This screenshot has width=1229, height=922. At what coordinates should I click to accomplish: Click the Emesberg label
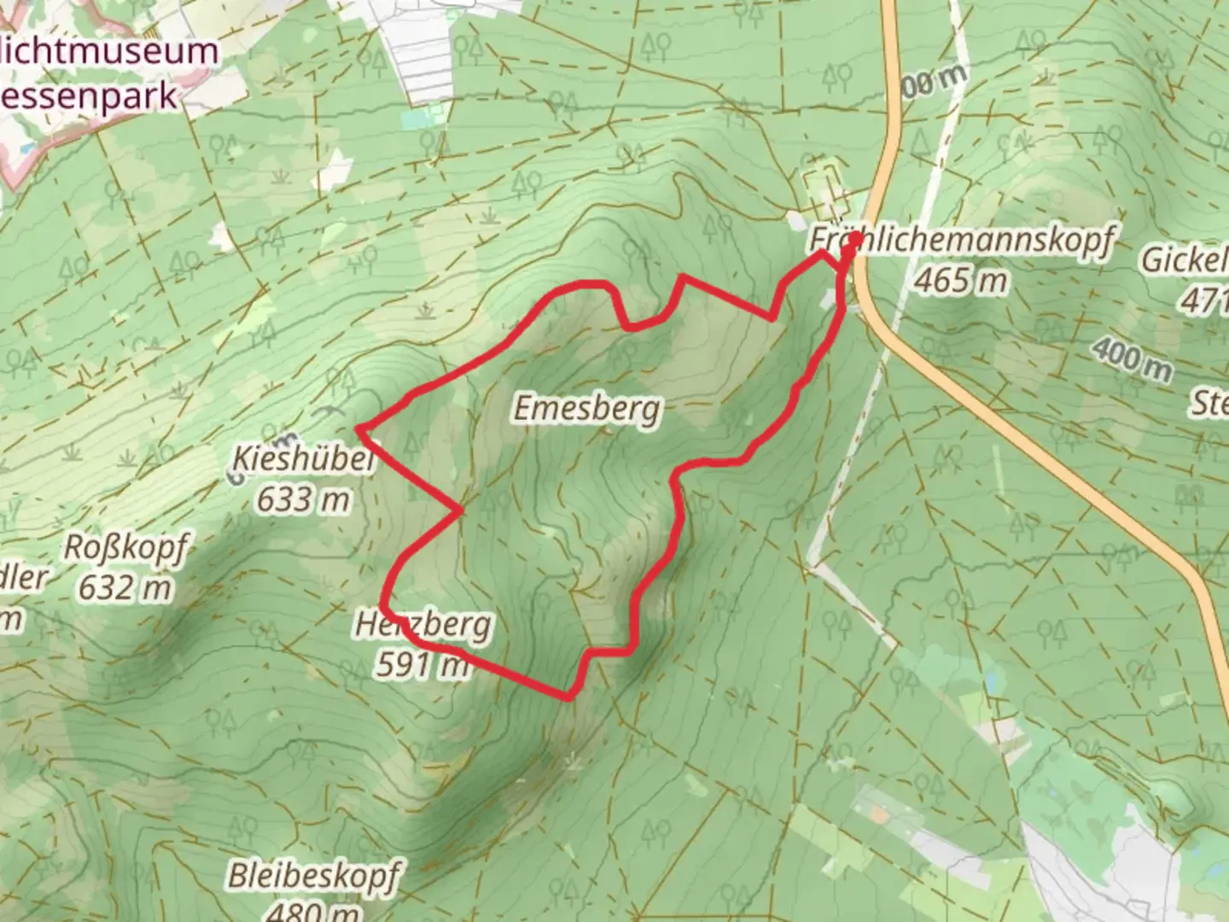[586, 409]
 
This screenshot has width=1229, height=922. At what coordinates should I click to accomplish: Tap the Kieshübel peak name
[304, 461]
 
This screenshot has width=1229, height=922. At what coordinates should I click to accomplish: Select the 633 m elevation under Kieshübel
[304, 499]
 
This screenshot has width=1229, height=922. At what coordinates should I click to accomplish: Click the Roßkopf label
[125, 549]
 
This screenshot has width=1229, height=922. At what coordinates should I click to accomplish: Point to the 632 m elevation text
[125, 587]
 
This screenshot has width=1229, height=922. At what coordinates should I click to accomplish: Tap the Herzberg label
[423, 625]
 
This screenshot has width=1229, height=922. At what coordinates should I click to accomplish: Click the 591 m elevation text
[422, 663]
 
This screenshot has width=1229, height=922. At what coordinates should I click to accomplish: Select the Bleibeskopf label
[313, 876]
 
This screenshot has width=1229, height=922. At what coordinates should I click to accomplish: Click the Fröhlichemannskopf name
[962, 241]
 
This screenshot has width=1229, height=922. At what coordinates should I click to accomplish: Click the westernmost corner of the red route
[358, 426]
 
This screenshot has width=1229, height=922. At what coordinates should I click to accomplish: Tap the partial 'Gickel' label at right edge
[1186, 260]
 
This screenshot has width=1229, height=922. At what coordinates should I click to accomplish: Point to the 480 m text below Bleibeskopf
[313, 911]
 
